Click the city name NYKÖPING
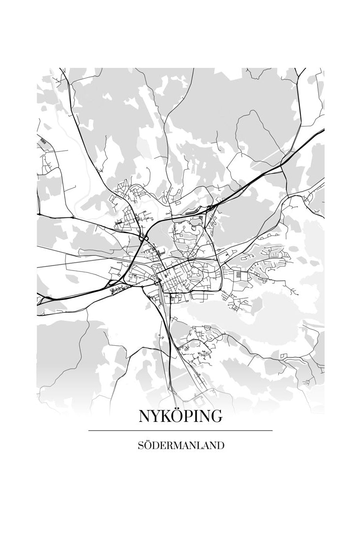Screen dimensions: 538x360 point(180,416)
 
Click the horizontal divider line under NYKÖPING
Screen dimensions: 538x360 point(180,431)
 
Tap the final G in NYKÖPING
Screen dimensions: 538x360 point(216,416)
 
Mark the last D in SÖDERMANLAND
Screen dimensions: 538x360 point(221,446)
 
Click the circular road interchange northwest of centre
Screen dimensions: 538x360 point(143,239)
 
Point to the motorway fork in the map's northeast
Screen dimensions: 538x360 point(282,165)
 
